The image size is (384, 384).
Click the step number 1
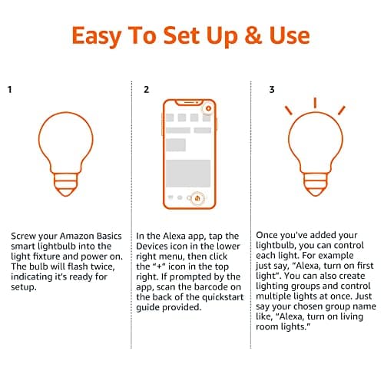10,89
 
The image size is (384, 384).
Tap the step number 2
147,89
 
